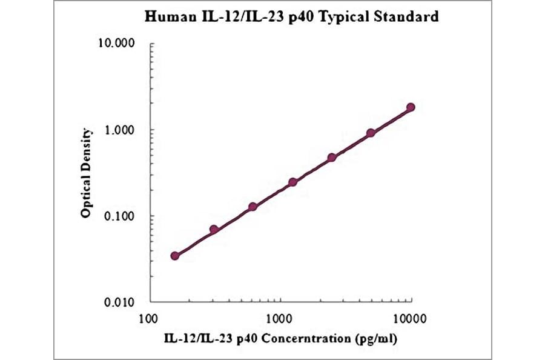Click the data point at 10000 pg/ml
pyautogui.click(x=411, y=107)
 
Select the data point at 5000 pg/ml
pyautogui.click(x=371, y=133)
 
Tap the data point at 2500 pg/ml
pyautogui.click(x=332, y=158)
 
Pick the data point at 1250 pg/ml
pyautogui.click(x=292, y=182)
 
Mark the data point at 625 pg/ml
pyautogui.click(x=253, y=207)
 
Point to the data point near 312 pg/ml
pyautogui.click(x=214, y=230)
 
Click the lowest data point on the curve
pyautogui.click(x=175, y=256)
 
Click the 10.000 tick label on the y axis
pyautogui.click(x=120, y=44)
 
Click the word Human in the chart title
pyautogui.click(x=166, y=17)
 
